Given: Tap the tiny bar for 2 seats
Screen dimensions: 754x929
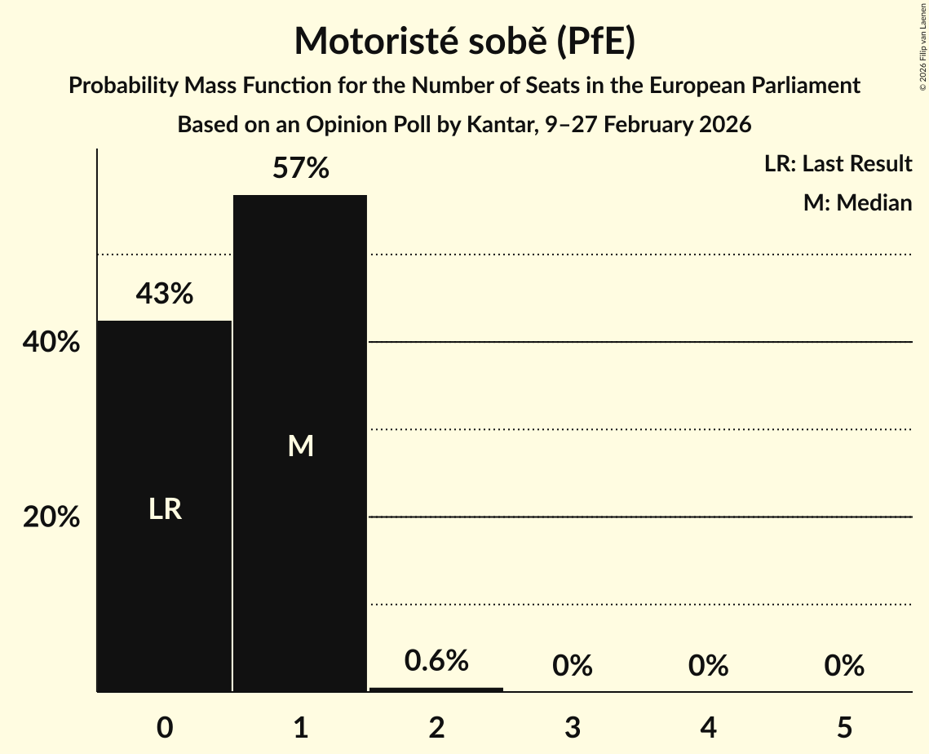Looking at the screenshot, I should [436, 690].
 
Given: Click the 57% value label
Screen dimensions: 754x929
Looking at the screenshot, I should [300, 169].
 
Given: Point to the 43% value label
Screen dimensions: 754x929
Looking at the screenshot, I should [165, 294].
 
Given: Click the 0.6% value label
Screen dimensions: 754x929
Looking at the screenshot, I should [436, 660].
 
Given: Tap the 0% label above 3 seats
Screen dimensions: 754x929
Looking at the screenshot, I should [572, 666].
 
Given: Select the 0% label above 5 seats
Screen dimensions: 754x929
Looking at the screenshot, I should [843, 666].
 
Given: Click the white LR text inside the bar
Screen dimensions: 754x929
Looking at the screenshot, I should [165, 509].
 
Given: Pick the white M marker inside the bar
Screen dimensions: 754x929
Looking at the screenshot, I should [300, 446].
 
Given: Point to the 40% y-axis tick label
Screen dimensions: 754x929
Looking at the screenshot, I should [51, 343].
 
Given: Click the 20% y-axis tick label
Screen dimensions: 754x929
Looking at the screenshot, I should [51, 517].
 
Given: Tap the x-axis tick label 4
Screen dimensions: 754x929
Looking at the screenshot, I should [708, 727].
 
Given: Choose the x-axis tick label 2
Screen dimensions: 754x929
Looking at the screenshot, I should [436, 727].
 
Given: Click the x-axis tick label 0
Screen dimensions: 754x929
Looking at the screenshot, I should [165, 727].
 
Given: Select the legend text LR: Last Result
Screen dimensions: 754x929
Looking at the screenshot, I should [838, 164].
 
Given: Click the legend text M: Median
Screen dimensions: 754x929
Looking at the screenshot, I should [857, 202].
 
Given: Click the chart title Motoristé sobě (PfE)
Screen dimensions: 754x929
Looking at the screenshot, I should [464, 41].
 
